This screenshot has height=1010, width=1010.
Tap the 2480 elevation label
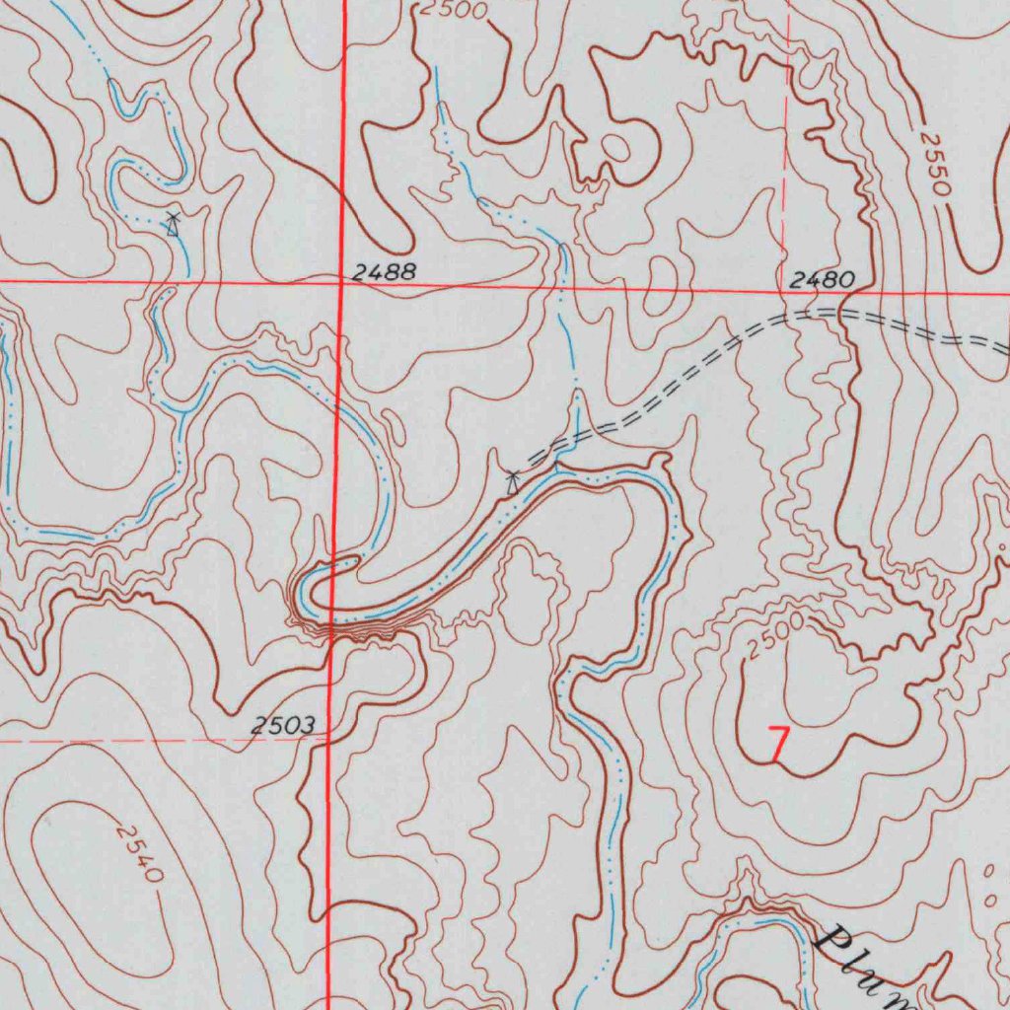822,280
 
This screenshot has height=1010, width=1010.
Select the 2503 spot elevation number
282,727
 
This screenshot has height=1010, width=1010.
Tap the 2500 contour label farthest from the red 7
454,10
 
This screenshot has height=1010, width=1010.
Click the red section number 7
778,743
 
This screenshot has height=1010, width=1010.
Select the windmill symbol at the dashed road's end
513,482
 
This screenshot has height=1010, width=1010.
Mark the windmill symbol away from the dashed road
173,224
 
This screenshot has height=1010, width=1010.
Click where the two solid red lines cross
341,282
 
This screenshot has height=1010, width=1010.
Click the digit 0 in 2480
844,280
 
